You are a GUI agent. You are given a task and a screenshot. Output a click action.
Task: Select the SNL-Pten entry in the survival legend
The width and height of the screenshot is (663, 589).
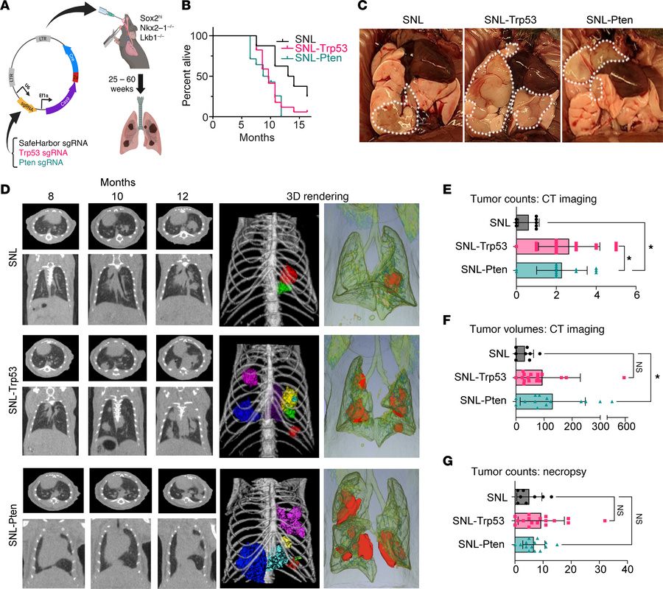click(x=304, y=58)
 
